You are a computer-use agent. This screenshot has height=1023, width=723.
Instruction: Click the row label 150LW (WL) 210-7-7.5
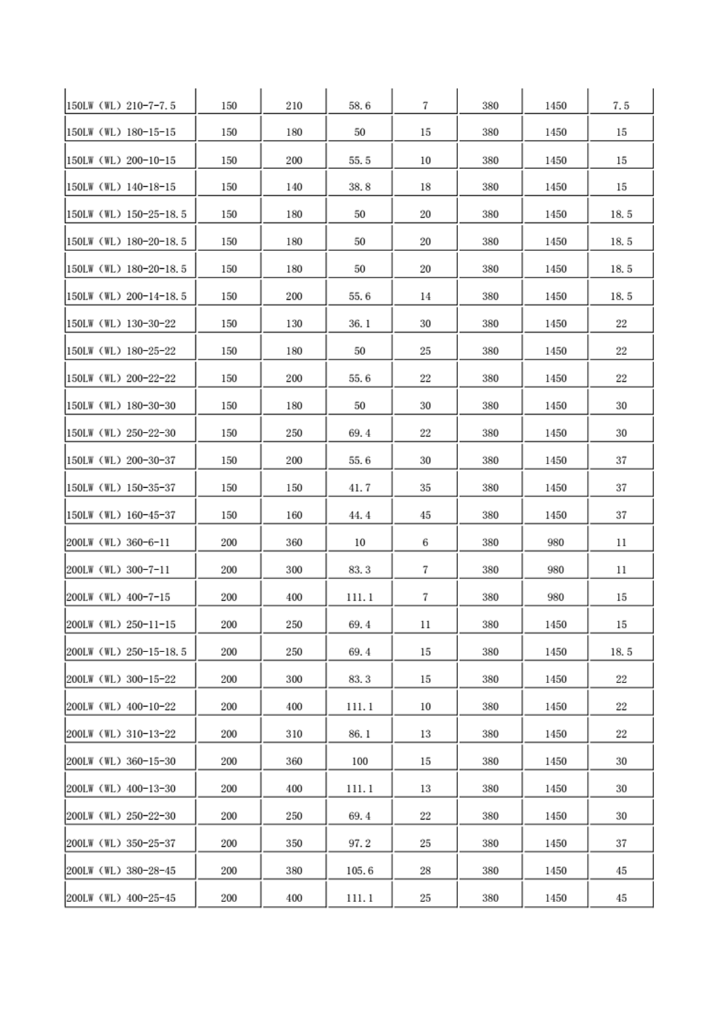[121, 106]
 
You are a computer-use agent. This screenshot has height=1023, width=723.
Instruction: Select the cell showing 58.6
[360, 106]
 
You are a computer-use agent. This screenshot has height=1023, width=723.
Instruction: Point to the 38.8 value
[360, 187]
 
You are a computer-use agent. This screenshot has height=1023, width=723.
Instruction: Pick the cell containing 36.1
[360, 324]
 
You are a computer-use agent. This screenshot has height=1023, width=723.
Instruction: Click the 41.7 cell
[360, 488]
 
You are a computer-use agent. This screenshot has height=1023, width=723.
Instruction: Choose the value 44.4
[360, 515]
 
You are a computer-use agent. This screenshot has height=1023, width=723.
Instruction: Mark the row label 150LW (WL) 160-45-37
[121, 515]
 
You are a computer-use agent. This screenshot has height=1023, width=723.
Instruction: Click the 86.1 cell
[360, 734]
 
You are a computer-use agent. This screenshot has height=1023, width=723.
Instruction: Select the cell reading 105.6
[360, 871]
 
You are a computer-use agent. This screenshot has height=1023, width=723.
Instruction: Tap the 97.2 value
[360, 844]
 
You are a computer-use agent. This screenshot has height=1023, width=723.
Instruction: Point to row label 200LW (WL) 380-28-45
[121, 871]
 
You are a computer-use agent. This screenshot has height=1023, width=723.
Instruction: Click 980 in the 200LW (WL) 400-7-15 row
[555, 598]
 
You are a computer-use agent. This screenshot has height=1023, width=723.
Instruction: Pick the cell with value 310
[294, 734]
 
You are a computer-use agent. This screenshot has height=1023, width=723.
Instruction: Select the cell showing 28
[425, 871]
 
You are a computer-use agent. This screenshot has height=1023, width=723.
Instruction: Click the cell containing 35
[425, 488]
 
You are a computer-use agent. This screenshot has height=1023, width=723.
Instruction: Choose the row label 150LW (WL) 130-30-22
[121, 324]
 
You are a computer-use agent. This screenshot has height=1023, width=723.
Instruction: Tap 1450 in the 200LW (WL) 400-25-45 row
[555, 898]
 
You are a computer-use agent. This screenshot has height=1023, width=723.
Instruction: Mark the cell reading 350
[294, 844]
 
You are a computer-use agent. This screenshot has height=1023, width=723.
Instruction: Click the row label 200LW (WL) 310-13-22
[121, 734]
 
